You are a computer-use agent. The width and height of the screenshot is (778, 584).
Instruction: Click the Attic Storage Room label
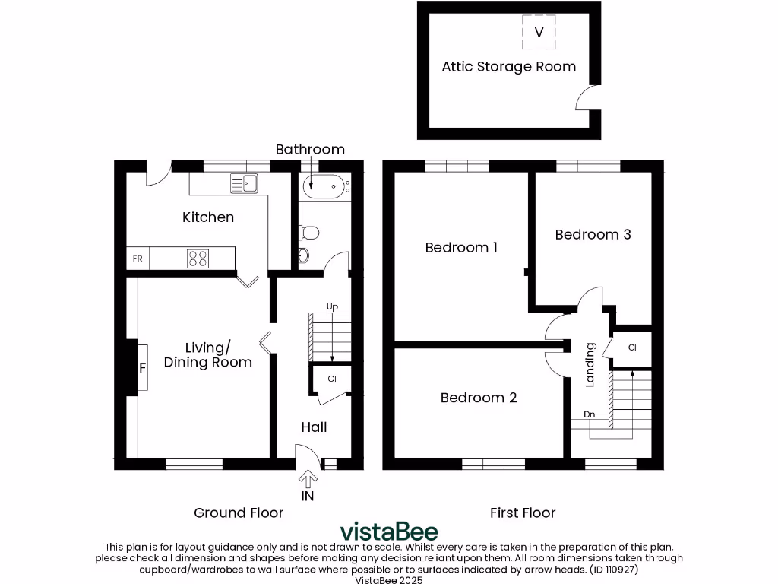click(508, 67)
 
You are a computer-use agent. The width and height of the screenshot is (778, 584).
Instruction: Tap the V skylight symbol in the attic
click(539, 32)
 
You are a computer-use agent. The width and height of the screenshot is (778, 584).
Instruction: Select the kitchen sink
click(244, 182)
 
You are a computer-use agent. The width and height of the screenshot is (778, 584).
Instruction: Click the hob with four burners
click(198, 259)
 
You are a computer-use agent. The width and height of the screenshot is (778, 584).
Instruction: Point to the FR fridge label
click(138, 259)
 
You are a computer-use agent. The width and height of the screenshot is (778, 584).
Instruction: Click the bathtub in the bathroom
click(324, 186)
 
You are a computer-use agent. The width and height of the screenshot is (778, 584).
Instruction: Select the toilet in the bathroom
click(308, 232)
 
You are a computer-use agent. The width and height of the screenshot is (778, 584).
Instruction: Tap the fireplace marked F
click(141, 368)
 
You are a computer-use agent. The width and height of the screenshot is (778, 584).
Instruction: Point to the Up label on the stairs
click(332, 307)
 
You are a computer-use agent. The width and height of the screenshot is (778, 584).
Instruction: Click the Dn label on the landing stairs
click(589, 414)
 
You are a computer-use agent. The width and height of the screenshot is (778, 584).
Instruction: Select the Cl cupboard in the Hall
click(332, 379)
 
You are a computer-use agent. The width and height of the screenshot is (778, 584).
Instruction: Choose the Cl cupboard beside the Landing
click(632, 348)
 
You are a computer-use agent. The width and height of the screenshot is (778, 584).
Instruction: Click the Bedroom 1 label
click(461, 248)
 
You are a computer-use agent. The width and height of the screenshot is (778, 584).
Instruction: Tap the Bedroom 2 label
click(479, 398)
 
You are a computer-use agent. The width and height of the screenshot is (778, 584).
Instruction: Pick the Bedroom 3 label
click(593, 235)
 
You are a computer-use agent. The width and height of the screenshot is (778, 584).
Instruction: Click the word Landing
click(590, 365)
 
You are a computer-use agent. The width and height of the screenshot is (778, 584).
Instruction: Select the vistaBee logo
click(388, 530)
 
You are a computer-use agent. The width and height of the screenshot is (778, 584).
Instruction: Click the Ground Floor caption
click(239, 513)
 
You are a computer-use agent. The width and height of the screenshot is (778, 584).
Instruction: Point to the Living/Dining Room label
click(207, 355)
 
